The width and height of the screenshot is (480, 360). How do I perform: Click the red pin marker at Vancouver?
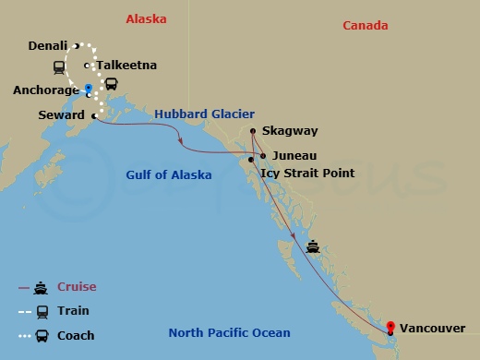[x=390, y=327]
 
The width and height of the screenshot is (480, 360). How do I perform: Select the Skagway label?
[x=289, y=132]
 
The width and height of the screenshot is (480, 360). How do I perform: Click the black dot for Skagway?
[x=253, y=131]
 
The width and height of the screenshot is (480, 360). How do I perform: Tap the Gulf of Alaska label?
[x=169, y=174]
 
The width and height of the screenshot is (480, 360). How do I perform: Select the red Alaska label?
[x=144, y=18]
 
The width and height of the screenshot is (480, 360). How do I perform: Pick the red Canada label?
[x=365, y=26]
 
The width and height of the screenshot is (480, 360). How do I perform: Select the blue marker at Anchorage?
[x=88, y=90]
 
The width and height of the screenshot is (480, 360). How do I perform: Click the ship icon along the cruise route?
[x=314, y=246]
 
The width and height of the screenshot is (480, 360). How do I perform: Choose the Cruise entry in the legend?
[x=78, y=287]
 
